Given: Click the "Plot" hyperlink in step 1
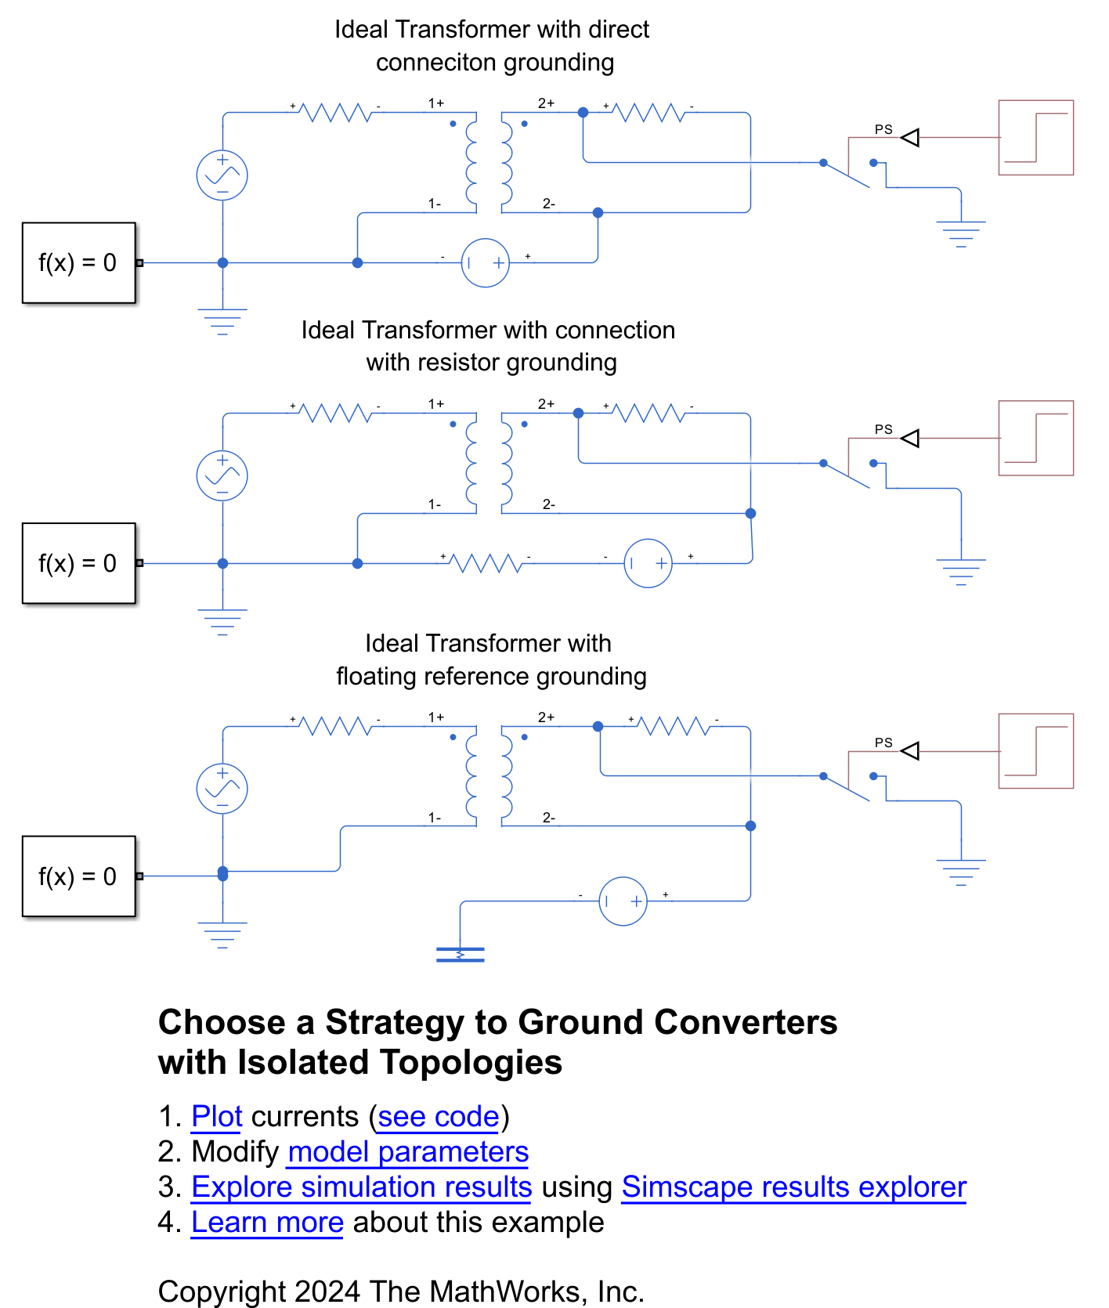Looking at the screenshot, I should coord(217,1117).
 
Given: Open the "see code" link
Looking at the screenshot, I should coord(439,1117).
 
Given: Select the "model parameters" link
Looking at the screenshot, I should coord(408,1152).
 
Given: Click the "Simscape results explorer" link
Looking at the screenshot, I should coord(793,1187).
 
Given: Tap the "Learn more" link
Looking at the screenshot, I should coord(267,1223).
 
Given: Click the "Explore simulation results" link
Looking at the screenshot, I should coord(361,1187).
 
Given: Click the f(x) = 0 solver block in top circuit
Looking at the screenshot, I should coord(78,262).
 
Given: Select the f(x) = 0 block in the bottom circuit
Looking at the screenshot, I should coord(78,876).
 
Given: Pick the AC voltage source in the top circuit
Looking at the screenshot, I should coord(222,175).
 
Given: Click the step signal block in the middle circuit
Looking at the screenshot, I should coord(1035,438).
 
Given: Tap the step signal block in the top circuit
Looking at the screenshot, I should coord(1035,138).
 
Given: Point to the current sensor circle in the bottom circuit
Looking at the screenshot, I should coord(623,902).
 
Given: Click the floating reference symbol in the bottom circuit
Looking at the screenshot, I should coord(460,954).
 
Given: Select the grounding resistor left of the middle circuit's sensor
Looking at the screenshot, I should coord(486,562).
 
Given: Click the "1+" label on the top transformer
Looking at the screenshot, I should coord(435,103).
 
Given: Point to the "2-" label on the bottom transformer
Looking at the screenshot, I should coord(549,818).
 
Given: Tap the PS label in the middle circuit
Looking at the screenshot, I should coord(883,429).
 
